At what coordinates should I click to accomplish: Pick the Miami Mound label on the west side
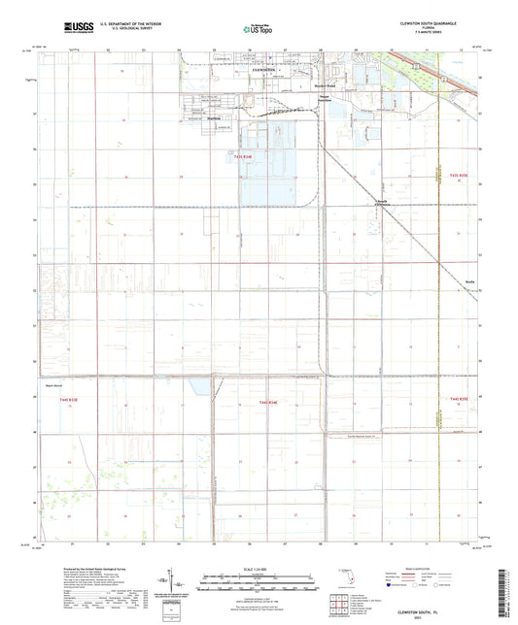point(54,385)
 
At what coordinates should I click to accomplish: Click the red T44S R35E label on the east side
point(458,399)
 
